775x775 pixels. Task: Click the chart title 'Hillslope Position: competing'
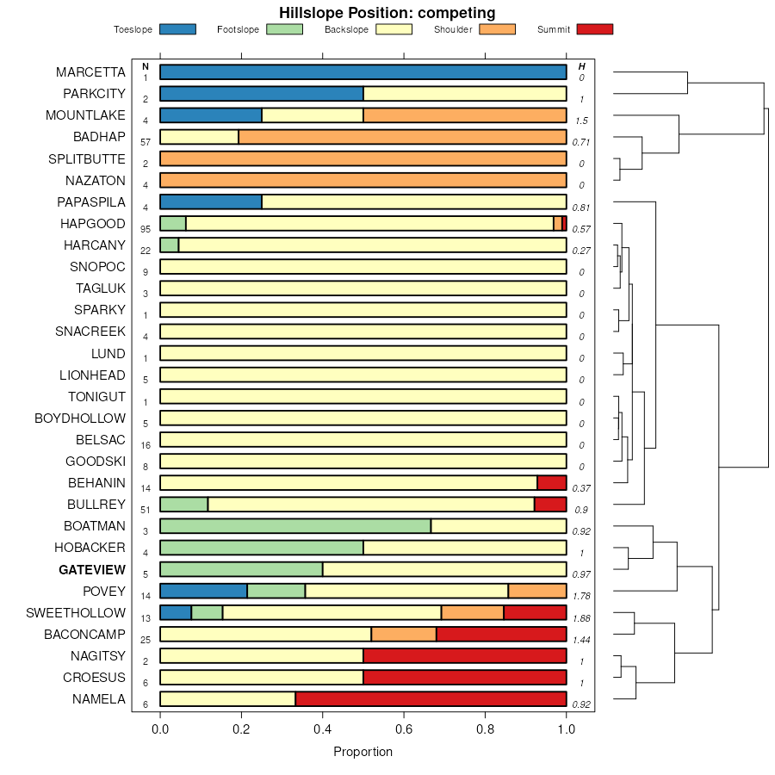point(387,13)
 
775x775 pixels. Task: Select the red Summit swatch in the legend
point(595,29)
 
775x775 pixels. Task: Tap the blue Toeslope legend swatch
point(177,29)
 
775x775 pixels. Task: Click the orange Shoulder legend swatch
point(497,29)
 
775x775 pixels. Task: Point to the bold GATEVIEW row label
point(92,570)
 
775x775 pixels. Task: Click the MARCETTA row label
point(90,72)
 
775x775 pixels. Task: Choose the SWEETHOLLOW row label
point(76,613)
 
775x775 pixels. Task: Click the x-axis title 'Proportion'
point(363,752)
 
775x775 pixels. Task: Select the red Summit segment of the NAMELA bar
point(431,699)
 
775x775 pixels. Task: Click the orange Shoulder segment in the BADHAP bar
point(402,137)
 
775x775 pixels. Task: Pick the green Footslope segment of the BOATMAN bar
point(295,526)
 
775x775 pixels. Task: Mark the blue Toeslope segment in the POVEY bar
point(203,591)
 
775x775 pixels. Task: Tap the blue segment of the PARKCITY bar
point(262,94)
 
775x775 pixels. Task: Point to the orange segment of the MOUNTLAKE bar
point(465,115)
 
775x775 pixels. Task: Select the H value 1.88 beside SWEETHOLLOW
point(582,618)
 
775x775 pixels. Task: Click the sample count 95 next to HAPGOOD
point(146,229)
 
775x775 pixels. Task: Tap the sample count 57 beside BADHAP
point(146,142)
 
